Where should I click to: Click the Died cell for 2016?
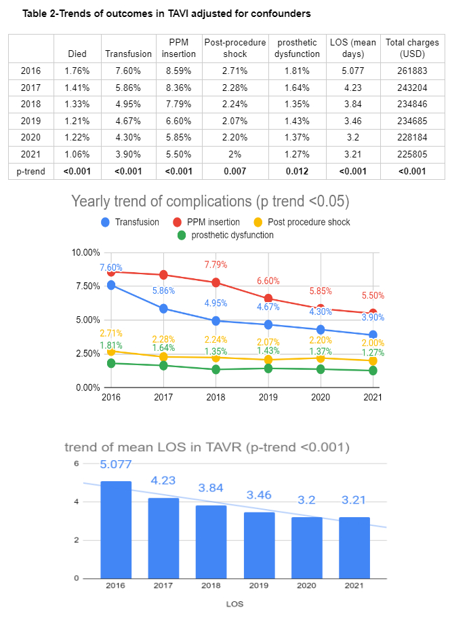click(x=77, y=70)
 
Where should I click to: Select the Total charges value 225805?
click(x=412, y=155)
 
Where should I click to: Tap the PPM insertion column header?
click(x=178, y=48)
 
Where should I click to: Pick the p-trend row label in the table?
click(x=30, y=172)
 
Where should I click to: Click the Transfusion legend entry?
click(x=131, y=222)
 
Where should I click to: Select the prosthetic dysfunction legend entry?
click(x=225, y=235)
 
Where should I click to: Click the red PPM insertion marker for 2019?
click(x=268, y=298)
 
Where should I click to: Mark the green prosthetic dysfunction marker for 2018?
click(x=216, y=369)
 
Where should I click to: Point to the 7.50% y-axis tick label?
click(x=85, y=286)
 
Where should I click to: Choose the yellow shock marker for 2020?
click(x=320, y=358)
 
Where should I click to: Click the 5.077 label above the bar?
click(x=116, y=465)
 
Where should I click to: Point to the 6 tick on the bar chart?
click(x=77, y=464)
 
